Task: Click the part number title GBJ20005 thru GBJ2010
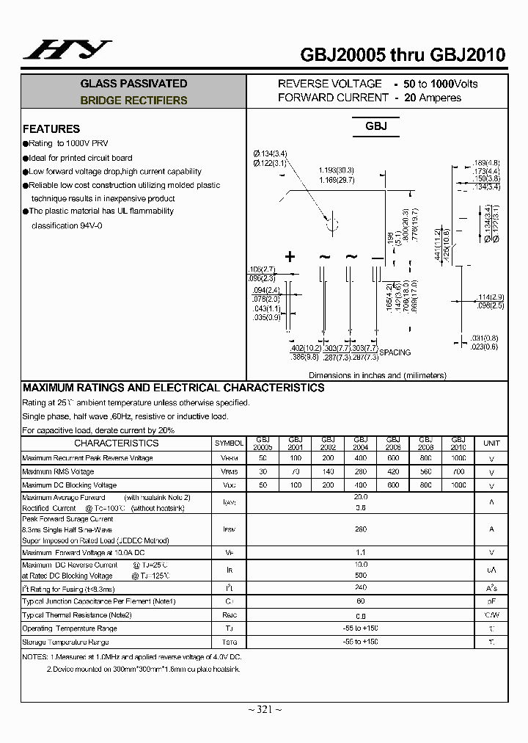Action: (403, 54)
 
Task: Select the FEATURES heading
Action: (51, 128)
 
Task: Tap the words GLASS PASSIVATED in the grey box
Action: (133, 84)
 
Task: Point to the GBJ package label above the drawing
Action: (375, 126)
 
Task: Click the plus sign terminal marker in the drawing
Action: (290, 256)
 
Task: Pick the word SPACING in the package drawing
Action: (395, 352)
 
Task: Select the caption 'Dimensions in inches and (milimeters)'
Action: (377, 375)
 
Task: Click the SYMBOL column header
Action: (229, 443)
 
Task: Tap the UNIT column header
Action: (491, 443)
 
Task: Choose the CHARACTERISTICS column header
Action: (116, 443)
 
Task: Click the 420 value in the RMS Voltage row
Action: (393, 471)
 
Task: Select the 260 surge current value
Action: (361, 529)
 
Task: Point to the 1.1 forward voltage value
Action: (361, 551)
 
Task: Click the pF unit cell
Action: (491, 601)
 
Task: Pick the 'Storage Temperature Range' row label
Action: (65, 642)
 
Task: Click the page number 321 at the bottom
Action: (264, 708)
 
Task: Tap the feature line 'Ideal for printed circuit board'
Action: (81, 158)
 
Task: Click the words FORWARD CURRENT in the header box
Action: (333, 98)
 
